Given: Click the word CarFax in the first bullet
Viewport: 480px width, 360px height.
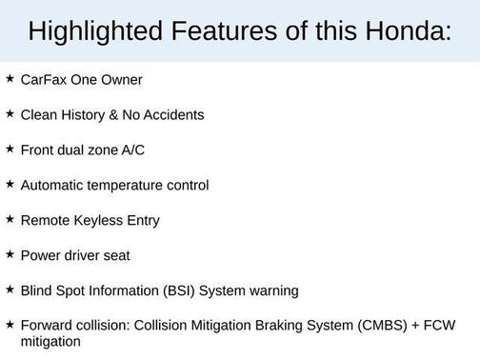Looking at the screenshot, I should pyautogui.click(x=42, y=80).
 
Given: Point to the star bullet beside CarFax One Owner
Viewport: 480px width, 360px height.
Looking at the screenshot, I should pyautogui.click(x=10, y=79).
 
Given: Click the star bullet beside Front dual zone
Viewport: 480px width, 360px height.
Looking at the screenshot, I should pyautogui.click(x=10, y=150).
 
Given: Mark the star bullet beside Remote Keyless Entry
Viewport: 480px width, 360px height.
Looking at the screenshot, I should pyautogui.click(x=10, y=219).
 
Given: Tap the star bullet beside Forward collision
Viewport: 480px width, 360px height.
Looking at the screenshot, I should pyautogui.click(x=10, y=325).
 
